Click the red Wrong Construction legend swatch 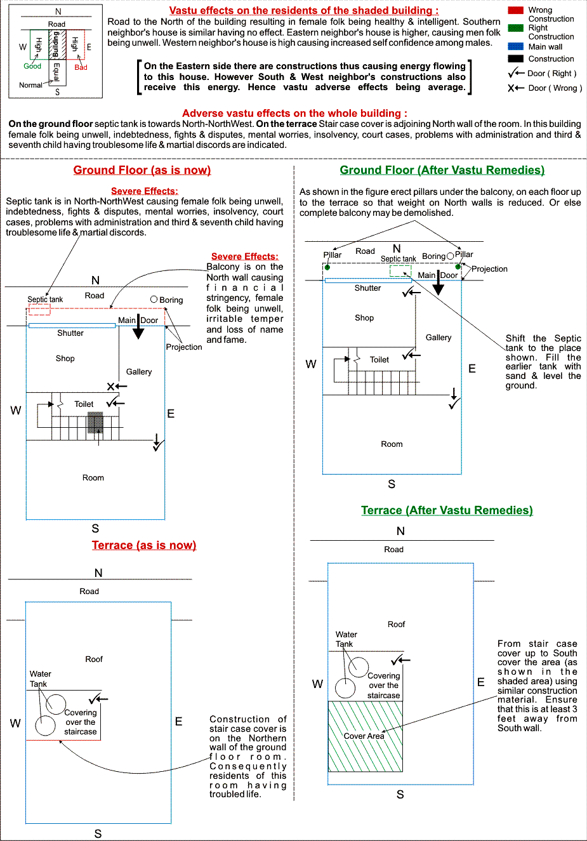[x=515, y=10]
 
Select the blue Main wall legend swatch [x=515, y=46]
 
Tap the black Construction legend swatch [x=515, y=58]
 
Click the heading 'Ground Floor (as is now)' [x=142, y=170]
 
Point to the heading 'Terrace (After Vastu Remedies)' [x=447, y=510]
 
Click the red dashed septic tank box [x=39, y=309]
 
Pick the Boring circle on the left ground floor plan [x=154, y=299]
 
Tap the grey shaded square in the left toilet [x=95, y=423]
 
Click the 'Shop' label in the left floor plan [x=65, y=359]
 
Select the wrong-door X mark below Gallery [x=111, y=386]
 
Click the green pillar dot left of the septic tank [x=327, y=267]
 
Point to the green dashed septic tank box [x=400, y=271]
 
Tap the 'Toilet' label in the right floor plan [x=379, y=360]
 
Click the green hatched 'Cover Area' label [x=364, y=736]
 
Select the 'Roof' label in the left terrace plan [x=94, y=659]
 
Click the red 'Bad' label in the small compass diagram [x=81, y=67]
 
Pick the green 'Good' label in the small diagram [x=32, y=66]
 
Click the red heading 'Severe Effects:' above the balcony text [x=244, y=256]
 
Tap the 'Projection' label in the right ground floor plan [x=489, y=269]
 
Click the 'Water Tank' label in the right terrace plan [x=346, y=639]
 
